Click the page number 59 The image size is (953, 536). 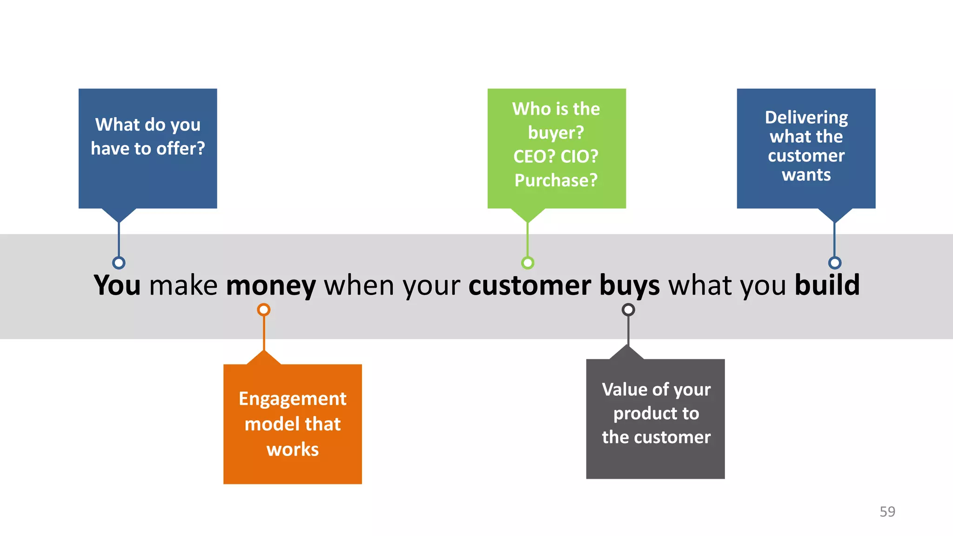click(x=887, y=511)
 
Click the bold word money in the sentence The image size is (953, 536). click(x=271, y=285)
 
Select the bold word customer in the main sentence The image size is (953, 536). click(x=530, y=285)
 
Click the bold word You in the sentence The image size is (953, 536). click(x=117, y=285)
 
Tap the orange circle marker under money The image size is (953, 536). click(x=264, y=309)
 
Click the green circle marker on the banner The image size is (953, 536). click(x=527, y=263)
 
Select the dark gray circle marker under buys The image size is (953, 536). click(x=628, y=309)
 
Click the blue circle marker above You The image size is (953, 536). click(x=119, y=263)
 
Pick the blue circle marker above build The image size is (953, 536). click(x=835, y=263)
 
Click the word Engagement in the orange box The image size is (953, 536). click(x=292, y=399)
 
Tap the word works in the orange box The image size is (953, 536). click(x=292, y=449)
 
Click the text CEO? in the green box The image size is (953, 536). click(x=534, y=156)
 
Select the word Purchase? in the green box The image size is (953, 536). click(x=556, y=180)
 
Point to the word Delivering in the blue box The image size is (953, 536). click(x=806, y=118)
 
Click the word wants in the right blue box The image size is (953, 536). click(x=806, y=175)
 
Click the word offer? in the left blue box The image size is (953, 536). click(x=181, y=148)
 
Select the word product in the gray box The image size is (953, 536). click(x=638, y=414)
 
